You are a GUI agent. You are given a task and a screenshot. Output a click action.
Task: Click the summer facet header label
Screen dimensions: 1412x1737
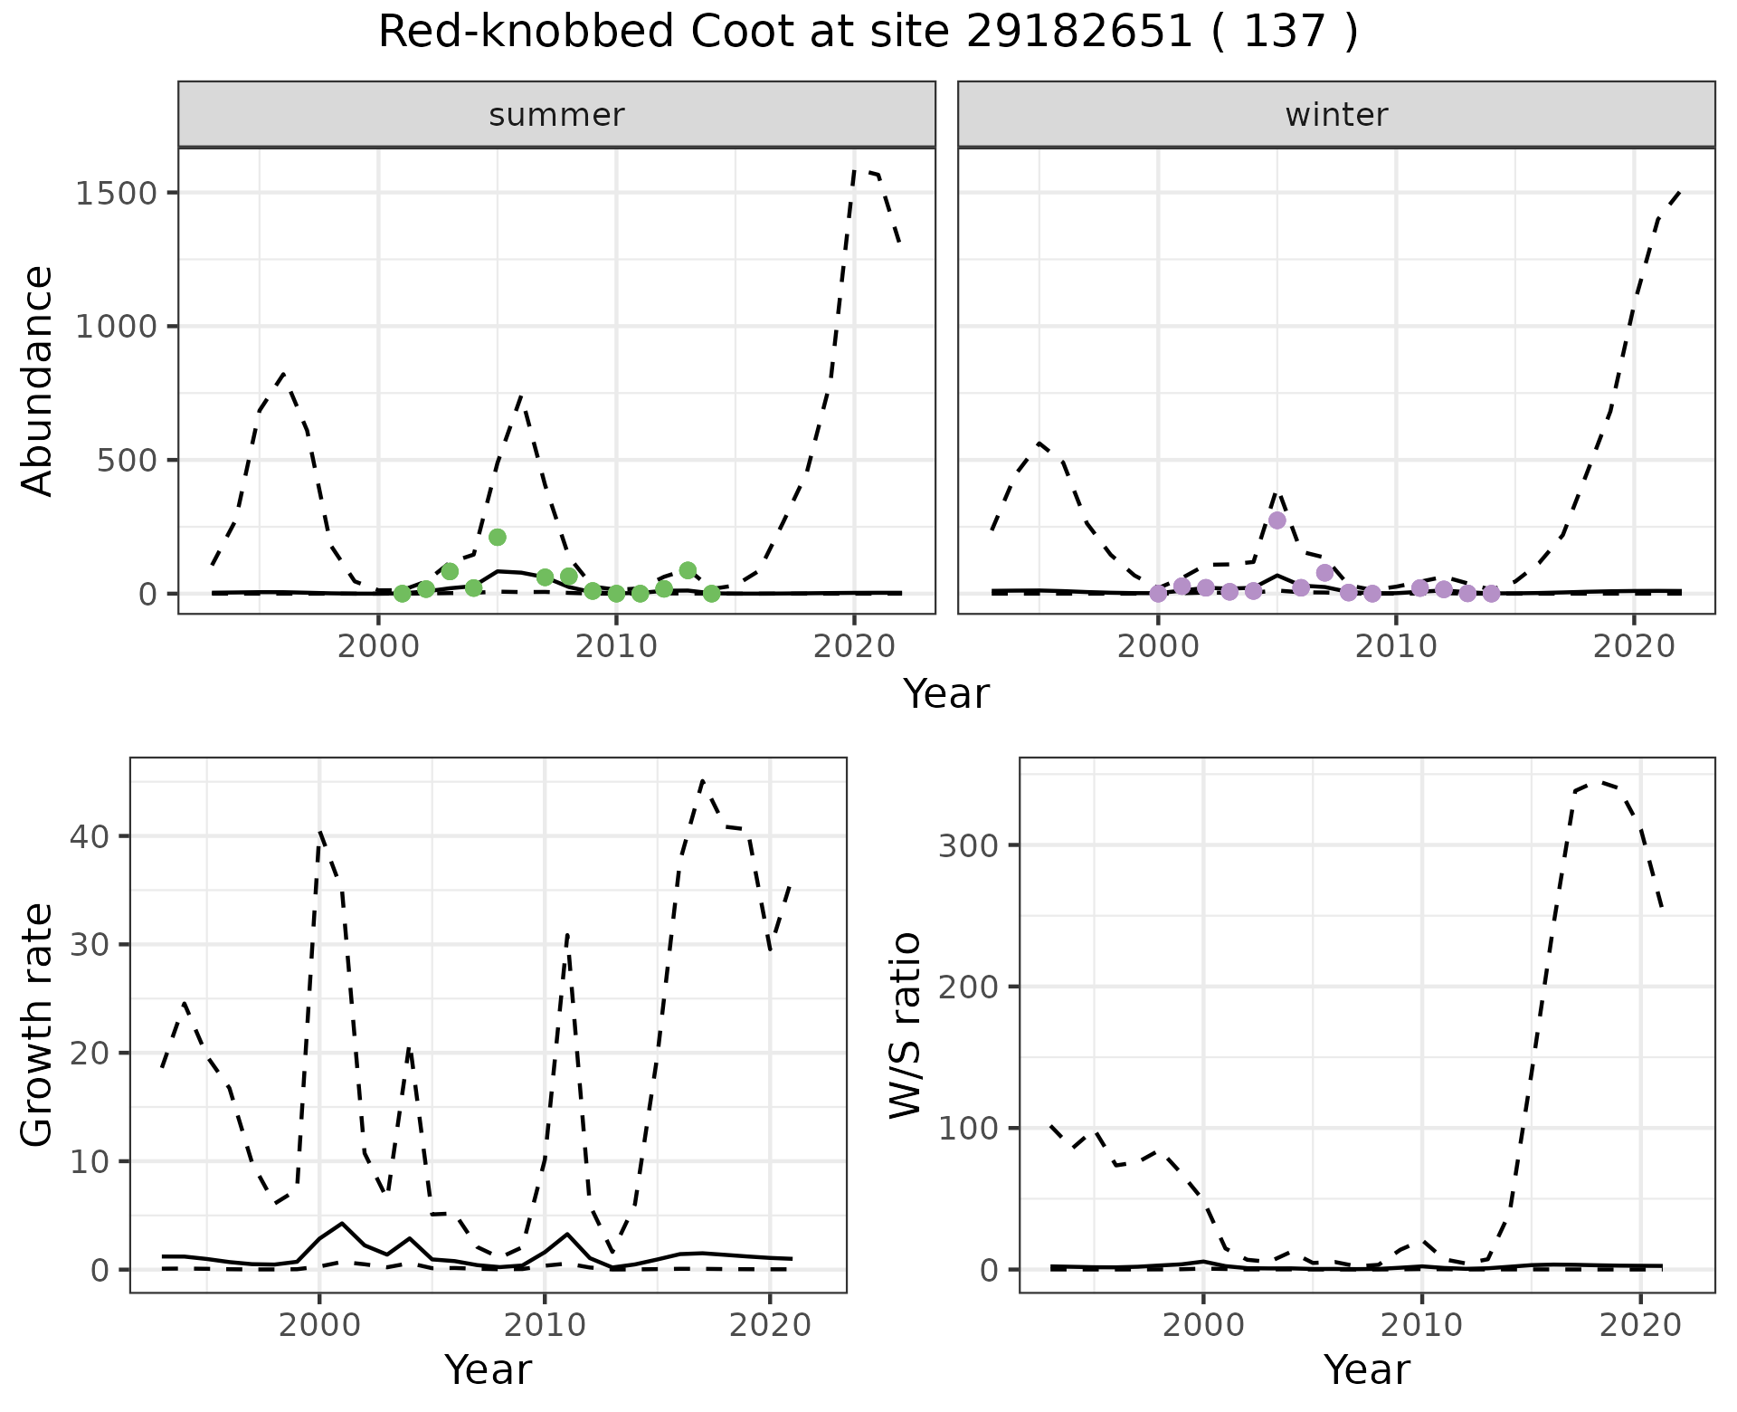(x=556, y=115)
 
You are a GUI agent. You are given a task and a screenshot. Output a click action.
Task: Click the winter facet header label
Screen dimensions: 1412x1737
(x=1336, y=115)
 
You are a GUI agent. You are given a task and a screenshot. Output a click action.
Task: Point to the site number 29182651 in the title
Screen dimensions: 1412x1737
(x=1079, y=33)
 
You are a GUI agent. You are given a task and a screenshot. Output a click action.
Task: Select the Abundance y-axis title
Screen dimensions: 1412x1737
(x=38, y=380)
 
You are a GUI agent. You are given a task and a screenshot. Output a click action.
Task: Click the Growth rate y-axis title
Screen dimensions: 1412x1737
(x=38, y=1026)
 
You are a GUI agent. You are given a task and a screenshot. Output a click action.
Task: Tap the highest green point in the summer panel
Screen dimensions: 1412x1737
(x=497, y=537)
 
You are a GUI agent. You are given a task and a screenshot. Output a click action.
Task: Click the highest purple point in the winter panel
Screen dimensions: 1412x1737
(x=1277, y=520)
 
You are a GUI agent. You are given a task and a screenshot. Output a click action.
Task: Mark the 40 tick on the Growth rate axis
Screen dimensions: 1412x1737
(x=87, y=836)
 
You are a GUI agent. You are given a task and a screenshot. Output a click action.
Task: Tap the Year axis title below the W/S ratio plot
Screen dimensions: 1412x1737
(x=1366, y=1370)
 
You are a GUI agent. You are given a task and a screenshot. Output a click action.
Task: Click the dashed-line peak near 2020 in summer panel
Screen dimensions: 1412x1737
(x=855, y=170)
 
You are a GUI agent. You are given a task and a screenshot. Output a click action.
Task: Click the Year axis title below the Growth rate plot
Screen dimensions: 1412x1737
(x=488, y=1370)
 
